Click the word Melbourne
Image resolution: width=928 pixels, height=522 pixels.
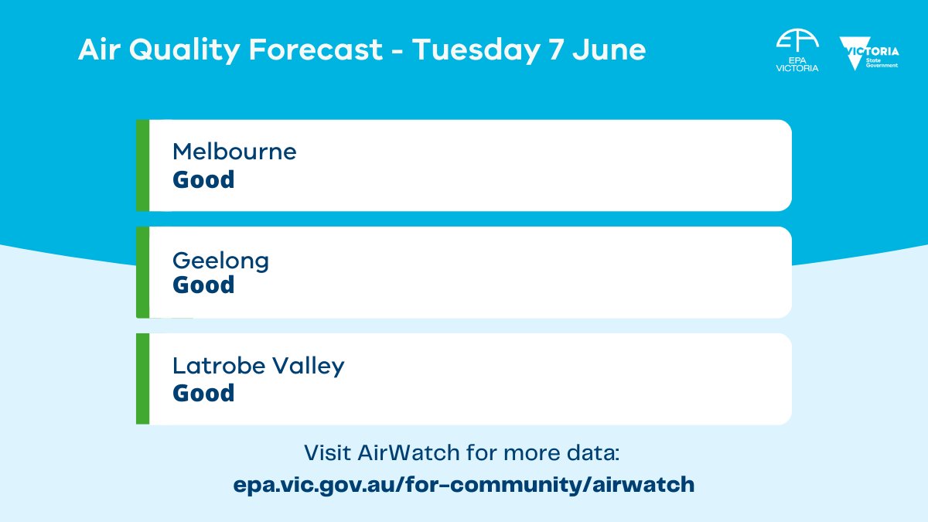tap(234, 151)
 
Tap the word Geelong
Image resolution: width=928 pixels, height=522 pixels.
tap(221, 261)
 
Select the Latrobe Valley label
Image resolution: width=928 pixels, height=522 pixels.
tap(258, 365)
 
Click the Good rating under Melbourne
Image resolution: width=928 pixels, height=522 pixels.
tap(203, 179)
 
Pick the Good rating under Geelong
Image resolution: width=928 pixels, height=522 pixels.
tap(203, 285)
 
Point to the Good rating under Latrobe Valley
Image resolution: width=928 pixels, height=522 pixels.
tap(203, 393)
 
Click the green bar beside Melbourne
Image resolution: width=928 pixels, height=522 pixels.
tap(142, 165)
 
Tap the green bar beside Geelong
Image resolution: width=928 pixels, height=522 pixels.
tap(142, 272)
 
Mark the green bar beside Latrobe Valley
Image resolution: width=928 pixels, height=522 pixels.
tap(142, 379)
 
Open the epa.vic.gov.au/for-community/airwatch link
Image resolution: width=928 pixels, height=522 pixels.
tap(464, 485)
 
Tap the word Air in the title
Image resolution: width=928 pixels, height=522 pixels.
tap(97, 51)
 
